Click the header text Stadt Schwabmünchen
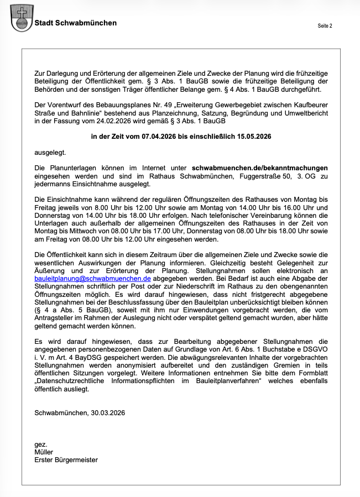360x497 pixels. pos(76,23)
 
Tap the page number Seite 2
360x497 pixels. pos(325,26)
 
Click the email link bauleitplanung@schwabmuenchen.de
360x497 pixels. pos(89,279)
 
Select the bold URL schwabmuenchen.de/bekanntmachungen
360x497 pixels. pos(259,167)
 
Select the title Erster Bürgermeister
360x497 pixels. pos(66,459)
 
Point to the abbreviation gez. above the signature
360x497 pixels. pos(40,444)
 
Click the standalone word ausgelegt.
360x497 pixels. pos(50,151)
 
